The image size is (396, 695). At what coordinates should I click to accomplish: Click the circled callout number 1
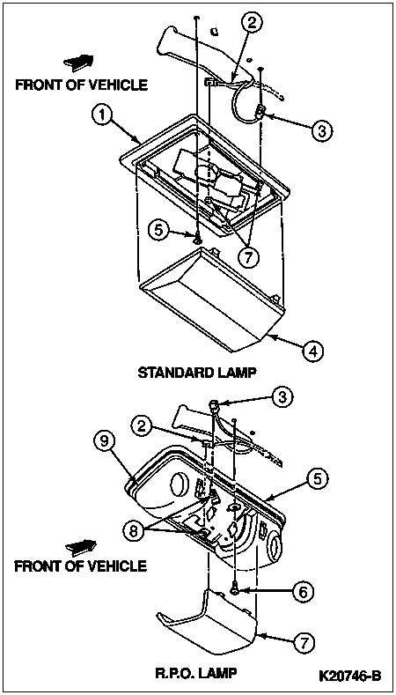point(102,115)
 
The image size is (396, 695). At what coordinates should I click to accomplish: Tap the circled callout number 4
point(312,351)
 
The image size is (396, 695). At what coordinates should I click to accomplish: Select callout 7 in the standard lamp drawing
point(247,257)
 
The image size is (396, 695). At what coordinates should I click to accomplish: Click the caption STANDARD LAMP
point(197,372)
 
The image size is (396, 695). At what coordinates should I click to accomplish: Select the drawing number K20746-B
point(350,676)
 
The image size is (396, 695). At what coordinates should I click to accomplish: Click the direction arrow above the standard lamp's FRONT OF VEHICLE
point(78,62)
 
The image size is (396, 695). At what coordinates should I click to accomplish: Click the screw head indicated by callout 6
point(236,590)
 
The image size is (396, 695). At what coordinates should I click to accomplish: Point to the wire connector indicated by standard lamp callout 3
point(260,113)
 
